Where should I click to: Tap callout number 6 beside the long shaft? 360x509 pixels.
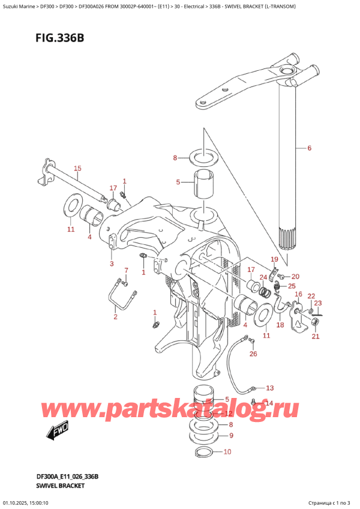[310, 148]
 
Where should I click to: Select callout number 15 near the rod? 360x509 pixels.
[77, 168]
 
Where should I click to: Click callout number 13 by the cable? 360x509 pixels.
[269, 388]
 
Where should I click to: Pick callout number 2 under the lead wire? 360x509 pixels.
[115, 317]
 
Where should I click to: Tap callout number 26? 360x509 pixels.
[253, 354]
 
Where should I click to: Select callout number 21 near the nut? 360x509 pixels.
[316, 337]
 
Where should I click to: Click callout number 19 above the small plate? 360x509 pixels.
[274, 260]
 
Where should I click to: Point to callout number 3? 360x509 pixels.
[111, 264]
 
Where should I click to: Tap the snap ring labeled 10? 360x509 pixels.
[202, 452]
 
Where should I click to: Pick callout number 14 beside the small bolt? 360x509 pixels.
[269, 403]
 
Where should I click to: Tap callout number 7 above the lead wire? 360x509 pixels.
[126, 270]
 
